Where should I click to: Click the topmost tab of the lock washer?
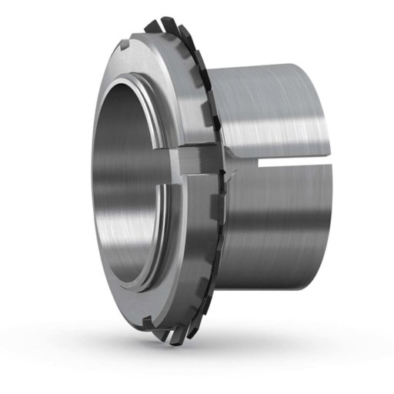point(154,25)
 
